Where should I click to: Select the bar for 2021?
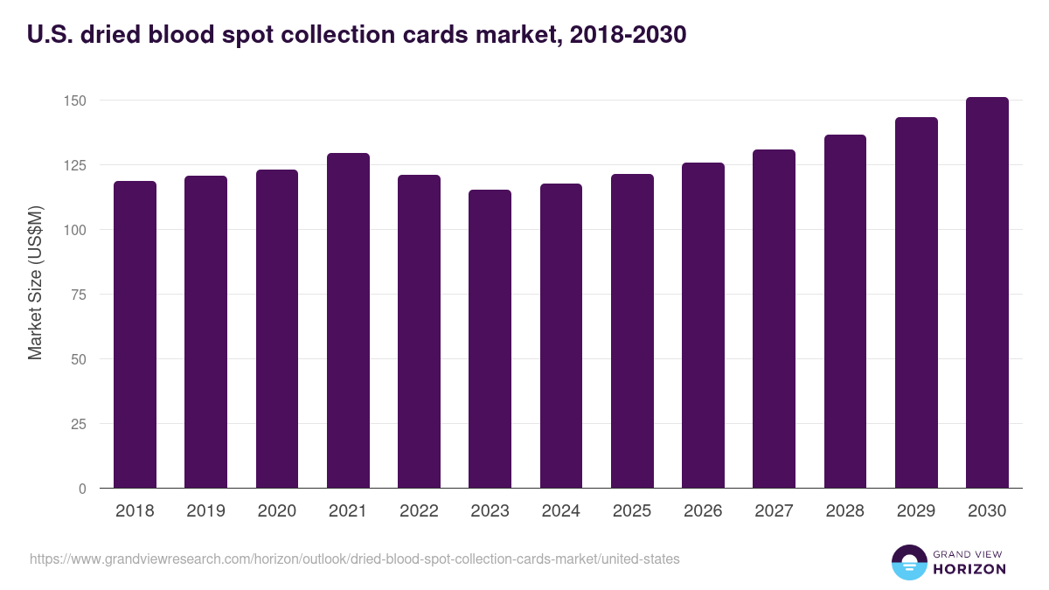pos(348,321)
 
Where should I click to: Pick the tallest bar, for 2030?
pos(987,293)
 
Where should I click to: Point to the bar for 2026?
pos(703,325)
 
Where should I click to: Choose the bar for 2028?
pos(845,311)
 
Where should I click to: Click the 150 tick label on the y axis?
pos(75,101)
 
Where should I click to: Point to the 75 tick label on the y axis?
pos(79,295)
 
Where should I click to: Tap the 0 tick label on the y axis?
pos(82,489)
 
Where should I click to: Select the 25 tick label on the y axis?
pos(79,424)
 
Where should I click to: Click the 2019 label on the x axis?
pos(205,511)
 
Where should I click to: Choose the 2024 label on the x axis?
pos(560,511)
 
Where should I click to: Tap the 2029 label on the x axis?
pos(916,511)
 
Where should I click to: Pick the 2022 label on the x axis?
pos(419,511)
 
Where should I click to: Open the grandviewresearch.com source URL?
pos(354,559)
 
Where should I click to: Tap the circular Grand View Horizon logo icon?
pos(909,562)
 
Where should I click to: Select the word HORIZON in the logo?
pos(969,569)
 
